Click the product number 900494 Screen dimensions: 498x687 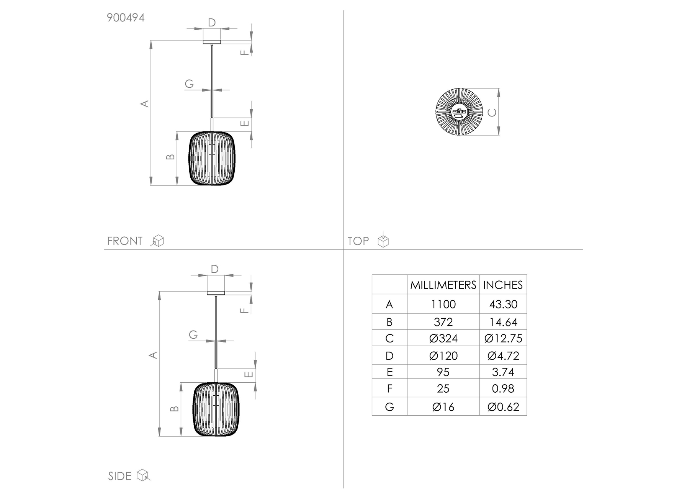(x=126, y=18)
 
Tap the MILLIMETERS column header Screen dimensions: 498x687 (x=443, y=285)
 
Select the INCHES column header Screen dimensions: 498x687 (x=503, y=285)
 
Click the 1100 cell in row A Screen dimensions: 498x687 (x=443, y=305)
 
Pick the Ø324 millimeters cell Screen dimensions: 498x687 (x=443, y=339)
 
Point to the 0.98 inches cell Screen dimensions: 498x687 (x=503, y=389)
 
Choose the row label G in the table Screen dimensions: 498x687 (x=389, y=407)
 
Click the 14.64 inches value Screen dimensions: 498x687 (x=503, y=322)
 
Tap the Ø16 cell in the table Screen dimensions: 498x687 (x=443, y=407)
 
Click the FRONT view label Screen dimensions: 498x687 (x=124, y=241)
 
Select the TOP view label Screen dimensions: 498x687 (x=358, y=241)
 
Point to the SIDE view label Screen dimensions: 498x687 (x=119, y=476)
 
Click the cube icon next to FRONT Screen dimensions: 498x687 (x=158, y=241)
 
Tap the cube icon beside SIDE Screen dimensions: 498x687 (x=143, y=475)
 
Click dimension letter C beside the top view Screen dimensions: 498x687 (x=492, y=112)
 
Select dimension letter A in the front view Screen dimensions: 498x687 (x=145, y=103)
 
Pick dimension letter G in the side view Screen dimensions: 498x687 (x=193, y=334)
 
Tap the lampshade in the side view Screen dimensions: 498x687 (x=216, y=409)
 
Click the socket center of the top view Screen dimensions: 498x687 (x=459, y=112)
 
